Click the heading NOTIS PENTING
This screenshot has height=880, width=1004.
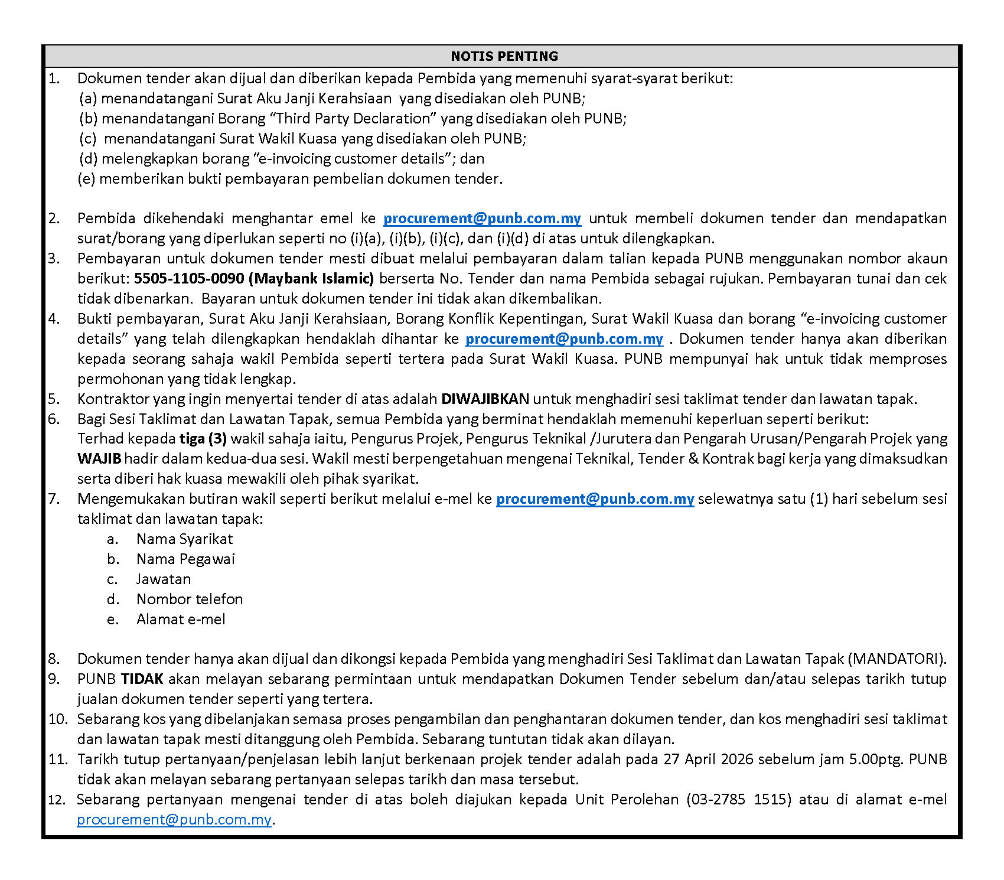pyautogui.click(x=504, y=56)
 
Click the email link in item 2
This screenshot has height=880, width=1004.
pyautogui.click(x=482, y=219)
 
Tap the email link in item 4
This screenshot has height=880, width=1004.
pyautogui.click(x=564, y=339)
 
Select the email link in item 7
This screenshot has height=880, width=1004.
pyautogui.click(x=595, y=499)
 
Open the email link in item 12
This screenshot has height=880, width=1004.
pyautogui.click(x=174, y=820)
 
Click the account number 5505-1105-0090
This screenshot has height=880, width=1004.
pyautogui.click(x=189, y=279)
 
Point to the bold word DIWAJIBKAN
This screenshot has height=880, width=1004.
pyautogui.click(x=485, y=399)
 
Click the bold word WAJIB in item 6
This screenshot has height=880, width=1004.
pyautogui.click(x=99, y=459)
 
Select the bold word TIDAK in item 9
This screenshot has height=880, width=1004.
pyautogui.click(x=142, y=679)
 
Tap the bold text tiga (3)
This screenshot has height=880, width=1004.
pyautogui.click(x=203, y=439)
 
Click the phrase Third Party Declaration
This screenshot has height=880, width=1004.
pyautogui.click(x=354, y=119)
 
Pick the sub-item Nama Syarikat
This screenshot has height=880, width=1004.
pyautogui.click(x=184, y=539)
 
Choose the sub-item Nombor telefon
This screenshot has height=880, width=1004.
pyautogui.click(x=190, y=599)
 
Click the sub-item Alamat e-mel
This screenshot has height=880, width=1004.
pyautogui.click(x=181, y=620)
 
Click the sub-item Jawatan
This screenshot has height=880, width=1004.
pyautogui.click(x=164, y=579)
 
